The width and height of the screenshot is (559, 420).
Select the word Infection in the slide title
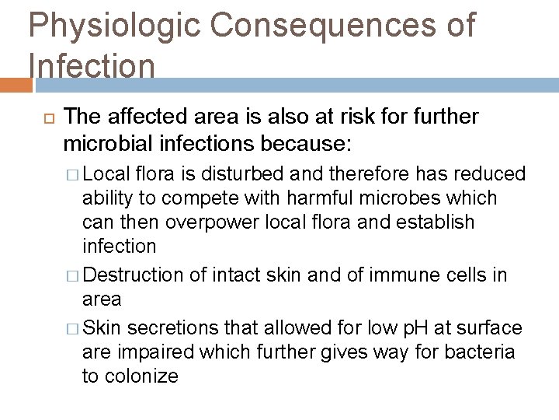coord(92,66)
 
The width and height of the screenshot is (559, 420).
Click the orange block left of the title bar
coord(14,84)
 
